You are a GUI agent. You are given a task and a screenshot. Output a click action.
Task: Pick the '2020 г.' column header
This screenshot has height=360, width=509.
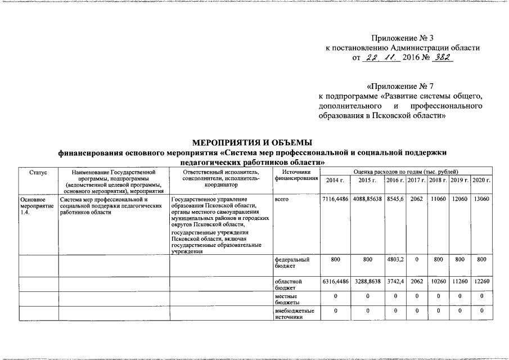(481, 179)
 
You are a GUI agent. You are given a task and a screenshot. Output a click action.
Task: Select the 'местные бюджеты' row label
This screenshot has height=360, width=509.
(287, 299)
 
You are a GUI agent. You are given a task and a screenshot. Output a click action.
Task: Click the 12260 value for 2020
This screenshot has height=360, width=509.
(481, 281)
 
